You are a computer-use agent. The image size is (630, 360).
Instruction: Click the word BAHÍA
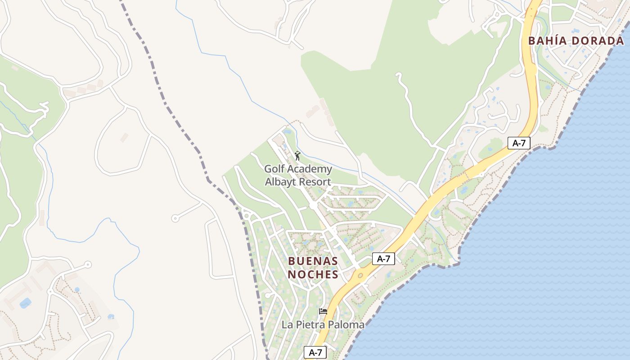coord(546,41)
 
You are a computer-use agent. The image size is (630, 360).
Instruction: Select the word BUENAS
coord(313,261)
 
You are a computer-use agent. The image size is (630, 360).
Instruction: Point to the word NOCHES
coord(313,274)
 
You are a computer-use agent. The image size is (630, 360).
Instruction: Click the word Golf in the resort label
coord(274,170)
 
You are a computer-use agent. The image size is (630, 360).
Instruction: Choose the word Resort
coord(316,182)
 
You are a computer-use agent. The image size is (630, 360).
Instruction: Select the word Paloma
coord(346,324)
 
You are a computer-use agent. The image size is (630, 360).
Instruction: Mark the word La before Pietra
coord(287,324)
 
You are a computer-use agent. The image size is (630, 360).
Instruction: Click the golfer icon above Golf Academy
coord(297,156)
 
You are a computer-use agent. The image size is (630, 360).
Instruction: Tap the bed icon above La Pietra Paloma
coord(323,311)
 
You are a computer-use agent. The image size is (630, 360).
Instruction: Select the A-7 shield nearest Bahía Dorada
coord(519,143)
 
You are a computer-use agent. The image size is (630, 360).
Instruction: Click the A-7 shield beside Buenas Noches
coord(383,259)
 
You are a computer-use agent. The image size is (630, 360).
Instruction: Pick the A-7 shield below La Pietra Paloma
coord(315,352)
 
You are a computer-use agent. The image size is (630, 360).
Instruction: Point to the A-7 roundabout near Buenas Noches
coord(360,274)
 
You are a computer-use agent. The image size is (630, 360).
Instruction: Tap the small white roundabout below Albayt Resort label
coord(313,205)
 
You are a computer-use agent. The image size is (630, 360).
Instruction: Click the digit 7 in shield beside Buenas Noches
coord(388,259)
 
